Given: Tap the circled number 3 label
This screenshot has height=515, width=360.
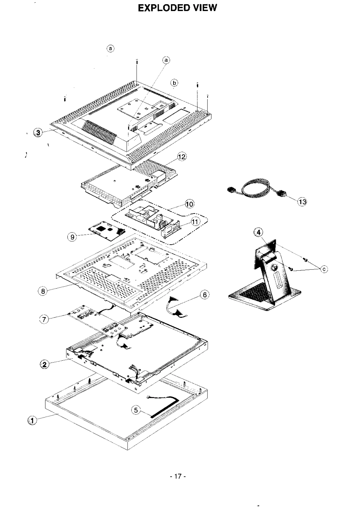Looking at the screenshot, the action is [38, 132].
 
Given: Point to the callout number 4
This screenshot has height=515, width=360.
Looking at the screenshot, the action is [258, 232].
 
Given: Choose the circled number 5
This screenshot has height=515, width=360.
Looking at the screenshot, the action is [136, 410].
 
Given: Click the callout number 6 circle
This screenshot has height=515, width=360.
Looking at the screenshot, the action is [205, 295].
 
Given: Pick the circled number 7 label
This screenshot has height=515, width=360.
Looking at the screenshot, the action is [44, 319].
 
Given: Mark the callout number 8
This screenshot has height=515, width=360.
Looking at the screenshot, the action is [43, 291].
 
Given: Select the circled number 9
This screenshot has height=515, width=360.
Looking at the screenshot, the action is [72, 237].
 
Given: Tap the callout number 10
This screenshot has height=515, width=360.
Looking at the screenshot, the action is [190, 204].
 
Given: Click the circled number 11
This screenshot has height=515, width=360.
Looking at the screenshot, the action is [195, 222].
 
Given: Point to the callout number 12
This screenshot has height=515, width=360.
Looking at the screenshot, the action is [182, 157].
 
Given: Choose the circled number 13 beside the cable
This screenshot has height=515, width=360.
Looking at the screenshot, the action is [302, 202].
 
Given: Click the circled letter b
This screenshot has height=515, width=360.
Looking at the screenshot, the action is [174, 83].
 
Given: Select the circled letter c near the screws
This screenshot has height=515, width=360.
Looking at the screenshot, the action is [324, 269].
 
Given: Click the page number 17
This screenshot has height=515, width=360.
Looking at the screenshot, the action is [178, 476].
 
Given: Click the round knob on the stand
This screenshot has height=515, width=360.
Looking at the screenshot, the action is [274, 267].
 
